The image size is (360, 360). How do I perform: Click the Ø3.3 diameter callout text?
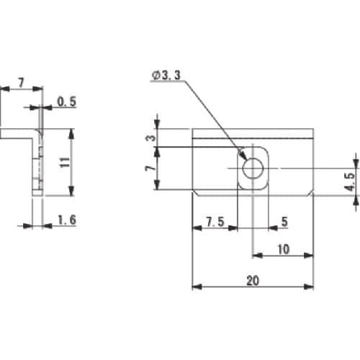[x=166, y=76]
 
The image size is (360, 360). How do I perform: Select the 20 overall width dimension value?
[x=253, y=280]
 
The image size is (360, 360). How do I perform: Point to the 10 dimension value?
[x=284, y=249]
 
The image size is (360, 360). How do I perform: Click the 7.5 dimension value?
[x=215, y=222]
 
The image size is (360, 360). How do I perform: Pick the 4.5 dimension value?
[x=350, y=181]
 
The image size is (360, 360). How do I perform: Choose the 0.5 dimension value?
[x=67, y=102]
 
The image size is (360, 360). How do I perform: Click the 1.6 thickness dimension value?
[x=67, y=220]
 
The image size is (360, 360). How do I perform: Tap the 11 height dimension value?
[x=65, y=162]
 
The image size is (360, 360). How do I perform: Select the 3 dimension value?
[x=151, y=138]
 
